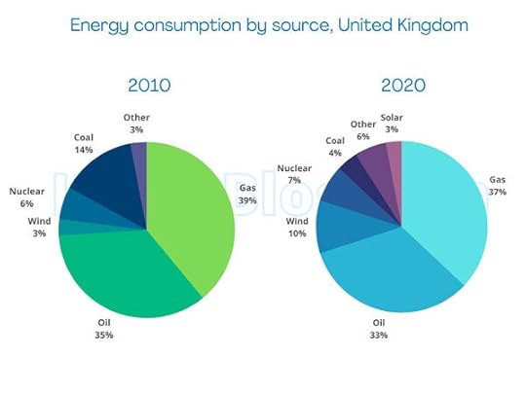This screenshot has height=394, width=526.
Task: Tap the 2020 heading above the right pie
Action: [x=401, y=85]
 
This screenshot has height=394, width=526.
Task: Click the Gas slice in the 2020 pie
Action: [x=448, y=214]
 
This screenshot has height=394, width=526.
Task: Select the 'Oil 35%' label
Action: [x=103, y=329]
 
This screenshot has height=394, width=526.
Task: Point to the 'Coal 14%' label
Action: [x=83, y=143]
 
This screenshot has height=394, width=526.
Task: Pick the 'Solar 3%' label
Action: [x=392, y=123]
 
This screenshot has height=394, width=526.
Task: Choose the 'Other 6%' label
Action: [x=363, y=130]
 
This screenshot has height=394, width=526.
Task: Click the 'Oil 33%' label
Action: [x=378, y=329]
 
